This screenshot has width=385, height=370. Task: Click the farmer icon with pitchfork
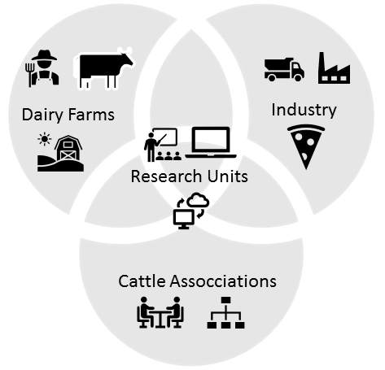tap(42, 68)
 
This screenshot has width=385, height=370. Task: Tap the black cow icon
tap(104, 69)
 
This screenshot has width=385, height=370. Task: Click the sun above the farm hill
tap(45, 139)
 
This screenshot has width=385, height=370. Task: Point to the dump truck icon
tap(284, 69)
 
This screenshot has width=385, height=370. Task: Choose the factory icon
tap(334, 68)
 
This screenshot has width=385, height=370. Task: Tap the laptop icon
tap(211, 142)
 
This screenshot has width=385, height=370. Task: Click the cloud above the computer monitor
tap(199, 200)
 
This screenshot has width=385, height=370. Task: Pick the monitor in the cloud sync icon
tap(184, 219)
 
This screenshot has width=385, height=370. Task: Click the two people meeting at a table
tap(160, 312)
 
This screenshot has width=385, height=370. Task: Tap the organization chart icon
tap(225, 312)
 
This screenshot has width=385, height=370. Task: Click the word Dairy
tap(42, 115)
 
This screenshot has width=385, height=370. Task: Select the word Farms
tap(91, 115)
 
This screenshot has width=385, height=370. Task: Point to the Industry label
tap(304, 110)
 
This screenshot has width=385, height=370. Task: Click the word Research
tap(167, 176)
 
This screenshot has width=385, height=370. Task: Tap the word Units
tap(228, 176)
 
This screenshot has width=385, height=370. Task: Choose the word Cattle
tap(142, 281)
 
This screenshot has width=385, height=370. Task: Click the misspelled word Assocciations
tap(223, 281)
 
